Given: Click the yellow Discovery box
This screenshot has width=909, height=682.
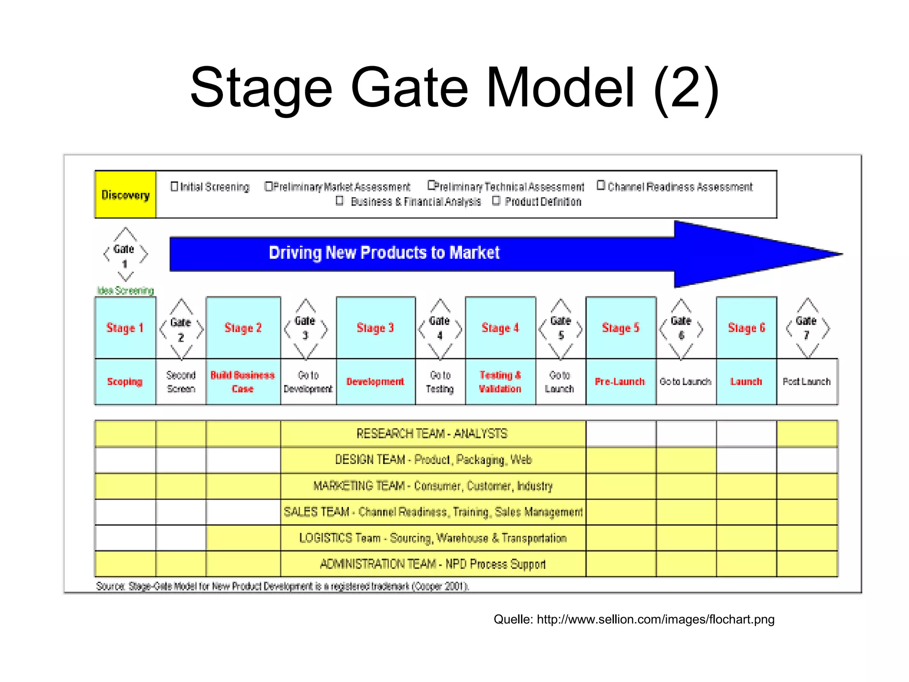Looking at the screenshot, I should (x=125, y=194).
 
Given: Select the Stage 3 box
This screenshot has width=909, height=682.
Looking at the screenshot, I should (x=375, y=328).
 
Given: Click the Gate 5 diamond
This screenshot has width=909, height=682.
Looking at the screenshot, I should (x=561, y=329).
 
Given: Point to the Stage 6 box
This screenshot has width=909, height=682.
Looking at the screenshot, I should (x=746, y=328).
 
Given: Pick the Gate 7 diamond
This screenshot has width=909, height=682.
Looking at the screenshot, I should (x=806, y=329).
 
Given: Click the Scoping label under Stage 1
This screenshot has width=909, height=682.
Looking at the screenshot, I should (x=125, y=382).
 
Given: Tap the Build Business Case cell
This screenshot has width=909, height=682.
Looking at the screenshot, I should (x=243, y=382).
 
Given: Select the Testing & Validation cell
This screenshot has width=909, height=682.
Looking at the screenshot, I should (x=500, y=382).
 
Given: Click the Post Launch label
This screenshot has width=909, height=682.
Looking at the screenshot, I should (x=806, y=382).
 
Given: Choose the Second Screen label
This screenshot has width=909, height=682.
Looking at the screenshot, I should (x=181, y=382).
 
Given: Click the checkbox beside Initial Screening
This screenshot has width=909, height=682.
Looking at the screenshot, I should (x=174, y=186).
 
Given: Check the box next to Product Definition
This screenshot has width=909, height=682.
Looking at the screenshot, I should (x=496, y=201).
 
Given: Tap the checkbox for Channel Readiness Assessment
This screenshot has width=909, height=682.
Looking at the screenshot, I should (x=601, y=186).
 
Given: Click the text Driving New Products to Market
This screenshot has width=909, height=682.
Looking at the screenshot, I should (x=384, y=253).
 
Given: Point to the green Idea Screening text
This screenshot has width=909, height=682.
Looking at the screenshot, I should (x=126, y=291).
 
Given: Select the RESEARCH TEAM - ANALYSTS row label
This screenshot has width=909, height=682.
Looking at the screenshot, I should (x=432, y=433).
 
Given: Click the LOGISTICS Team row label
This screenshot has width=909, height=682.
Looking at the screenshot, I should (x=433, y=538).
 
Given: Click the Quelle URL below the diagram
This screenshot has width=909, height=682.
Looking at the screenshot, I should (x=656, y=619).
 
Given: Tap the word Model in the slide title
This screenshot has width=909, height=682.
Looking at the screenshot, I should (x=560, y=87).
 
